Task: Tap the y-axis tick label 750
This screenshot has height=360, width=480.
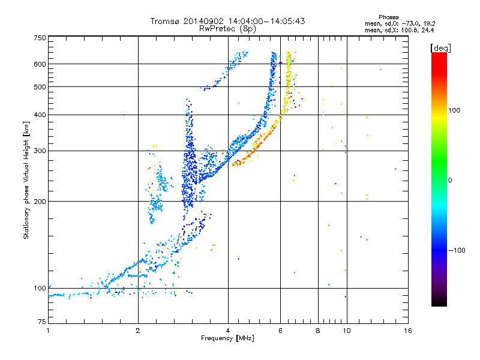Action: pyautogui.click(x=40, y=37)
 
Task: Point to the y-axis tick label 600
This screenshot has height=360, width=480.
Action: pyautogui.click(x=40, y=64)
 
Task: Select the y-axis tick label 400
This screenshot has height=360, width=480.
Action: pyautogui.click(x=40, y=115)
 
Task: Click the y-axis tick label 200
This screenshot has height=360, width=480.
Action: pyautogui.click(x=40, y=202)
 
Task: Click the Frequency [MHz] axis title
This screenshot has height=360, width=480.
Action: pyautogui.click(x=227, y=338)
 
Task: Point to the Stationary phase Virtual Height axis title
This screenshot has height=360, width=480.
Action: pyautogui.click(x=26, y=180)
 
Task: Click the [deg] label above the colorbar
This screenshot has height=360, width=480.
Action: pyautogui.click(x=441, y=47)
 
